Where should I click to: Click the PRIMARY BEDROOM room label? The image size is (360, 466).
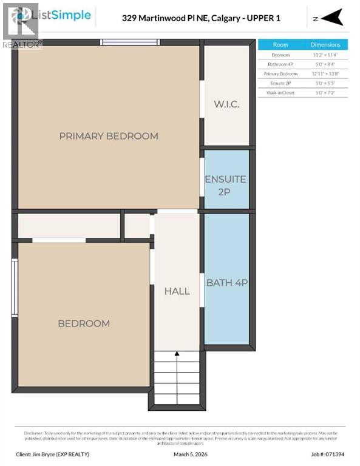coord(109,136)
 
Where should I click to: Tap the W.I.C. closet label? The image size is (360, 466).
coord(226,104)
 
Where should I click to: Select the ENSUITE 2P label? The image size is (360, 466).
coord(225,184)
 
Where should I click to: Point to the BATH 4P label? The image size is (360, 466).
coord(227,282)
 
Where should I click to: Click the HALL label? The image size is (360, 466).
coord(177,291)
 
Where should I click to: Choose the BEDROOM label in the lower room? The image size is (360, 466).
coord(84,323)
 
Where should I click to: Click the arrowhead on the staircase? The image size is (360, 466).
coord(177,354)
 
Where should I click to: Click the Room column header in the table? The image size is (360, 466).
coord(280,44)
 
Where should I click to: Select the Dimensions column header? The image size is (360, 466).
coord(325,44)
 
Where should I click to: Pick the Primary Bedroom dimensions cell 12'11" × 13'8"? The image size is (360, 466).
coord(325,73)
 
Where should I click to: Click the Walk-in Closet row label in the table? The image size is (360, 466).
coord(280,93)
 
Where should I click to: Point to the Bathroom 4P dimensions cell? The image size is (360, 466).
coord(325,64)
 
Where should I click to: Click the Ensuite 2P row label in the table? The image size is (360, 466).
coord(280,83)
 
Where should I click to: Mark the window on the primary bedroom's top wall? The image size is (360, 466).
coord(130,42)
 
